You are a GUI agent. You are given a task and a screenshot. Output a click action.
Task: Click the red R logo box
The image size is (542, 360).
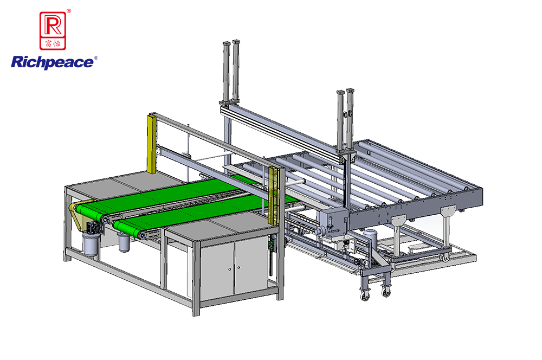pos(53,30)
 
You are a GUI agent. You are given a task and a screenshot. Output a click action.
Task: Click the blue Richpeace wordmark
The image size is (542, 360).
pos(52,62)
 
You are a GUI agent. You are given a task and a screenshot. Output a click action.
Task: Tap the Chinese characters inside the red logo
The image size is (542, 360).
pos(53,43)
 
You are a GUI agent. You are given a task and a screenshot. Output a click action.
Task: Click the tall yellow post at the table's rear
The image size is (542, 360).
pos(151,144)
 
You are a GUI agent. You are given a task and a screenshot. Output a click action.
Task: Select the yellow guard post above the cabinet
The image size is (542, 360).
pos(273,195)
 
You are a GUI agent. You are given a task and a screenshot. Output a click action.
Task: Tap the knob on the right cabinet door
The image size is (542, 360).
pos(239,267)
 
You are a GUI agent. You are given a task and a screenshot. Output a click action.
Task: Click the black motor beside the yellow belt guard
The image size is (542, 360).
pos(94,228)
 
